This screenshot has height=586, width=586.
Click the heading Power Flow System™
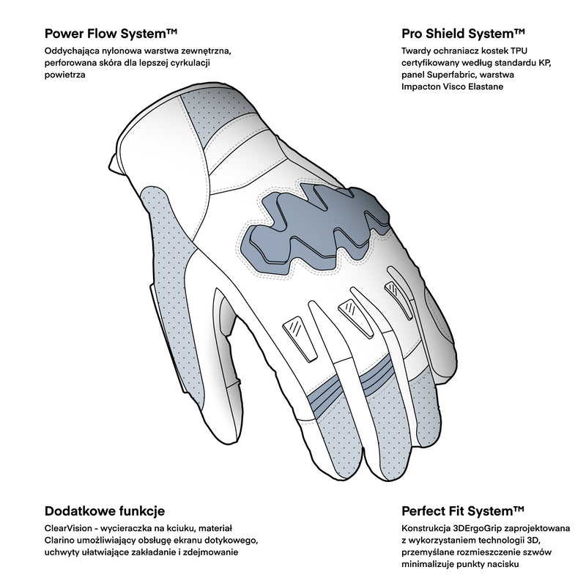pyautogui.click(x=111, y=34)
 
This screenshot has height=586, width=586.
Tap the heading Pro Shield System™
pyautogui.click(x=464, y=34)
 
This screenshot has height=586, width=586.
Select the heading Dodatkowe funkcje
pyautogui.click(x=105, y=511)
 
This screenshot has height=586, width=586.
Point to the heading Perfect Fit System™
pyautogui.click(x=464, y=511)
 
